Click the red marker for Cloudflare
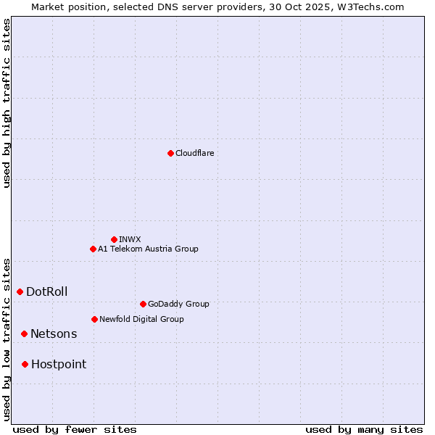click(170, 153)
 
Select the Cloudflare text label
click(194, 153)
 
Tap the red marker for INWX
click(114, 239)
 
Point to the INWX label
click(130, 239)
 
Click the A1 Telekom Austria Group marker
click(93, 249)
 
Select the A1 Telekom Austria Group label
click(148, 249)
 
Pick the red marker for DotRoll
click(20, 291)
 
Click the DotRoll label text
click(46, 292)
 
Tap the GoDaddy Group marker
click(143, 304)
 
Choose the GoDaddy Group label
click(178, 304)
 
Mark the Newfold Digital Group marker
click(94, 319)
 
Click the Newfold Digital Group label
click(141, 319)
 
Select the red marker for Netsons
click(24, 333)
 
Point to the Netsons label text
click(53, 334)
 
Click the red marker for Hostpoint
click(25, 364)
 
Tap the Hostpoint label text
click(58, 365)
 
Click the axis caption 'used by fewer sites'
click(75, 429)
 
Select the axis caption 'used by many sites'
click(364, 429)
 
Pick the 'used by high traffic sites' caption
click(7, 103)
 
